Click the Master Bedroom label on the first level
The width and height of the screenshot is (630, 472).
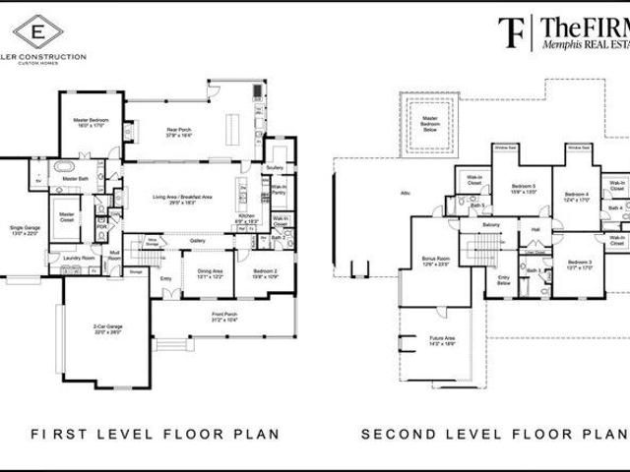91,123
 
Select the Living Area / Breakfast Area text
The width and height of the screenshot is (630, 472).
185,200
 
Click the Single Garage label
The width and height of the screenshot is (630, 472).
23,229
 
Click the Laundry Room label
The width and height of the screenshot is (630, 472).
78,259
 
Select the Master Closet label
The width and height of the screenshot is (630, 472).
67,214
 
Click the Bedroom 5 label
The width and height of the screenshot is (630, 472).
524,189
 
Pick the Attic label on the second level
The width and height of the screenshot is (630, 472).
405,194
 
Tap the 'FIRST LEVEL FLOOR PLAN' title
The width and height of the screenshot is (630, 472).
155,434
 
